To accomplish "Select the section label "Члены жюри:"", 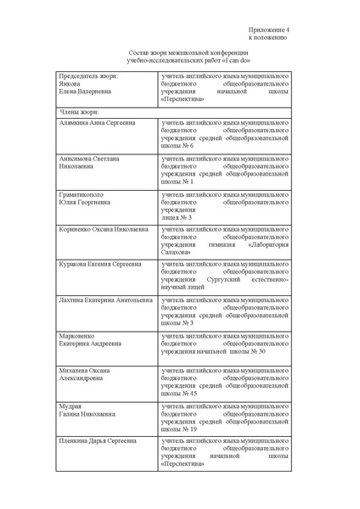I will [80, 111].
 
